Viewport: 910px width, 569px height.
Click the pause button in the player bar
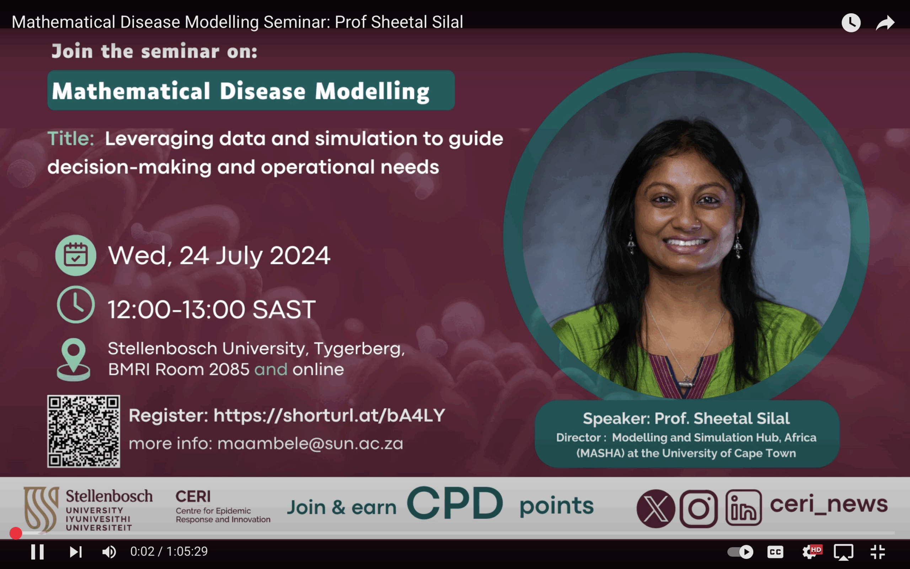(x=37, y=552)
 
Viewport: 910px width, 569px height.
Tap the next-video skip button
(x=76, y=552)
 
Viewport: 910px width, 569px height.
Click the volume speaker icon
(x=109, y=552)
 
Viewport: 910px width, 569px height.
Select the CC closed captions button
(x=775, y=552)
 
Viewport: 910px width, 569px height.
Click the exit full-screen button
(x=878, y=552)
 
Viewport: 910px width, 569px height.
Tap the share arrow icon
(x=885, y=22)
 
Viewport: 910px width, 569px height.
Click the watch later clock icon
(x=851, y=22)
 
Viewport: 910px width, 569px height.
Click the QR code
(x=84, y=431)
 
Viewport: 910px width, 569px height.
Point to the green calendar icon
(x=76, y=255)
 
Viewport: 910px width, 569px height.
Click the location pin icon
(x=73, y=360)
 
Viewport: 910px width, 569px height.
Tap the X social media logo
(x=656, y=509)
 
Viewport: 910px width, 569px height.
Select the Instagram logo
(x=698, y=509)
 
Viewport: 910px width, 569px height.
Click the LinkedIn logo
(x=743, y=507)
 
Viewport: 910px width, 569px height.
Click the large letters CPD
(x=455, y=503)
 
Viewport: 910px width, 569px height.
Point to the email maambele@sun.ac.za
(x=310, y=444)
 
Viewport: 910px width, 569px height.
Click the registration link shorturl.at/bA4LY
(x=329, y=415)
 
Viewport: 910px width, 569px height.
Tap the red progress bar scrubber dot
(x=16, y=533)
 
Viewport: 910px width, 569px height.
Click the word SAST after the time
(x=284, y=310)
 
